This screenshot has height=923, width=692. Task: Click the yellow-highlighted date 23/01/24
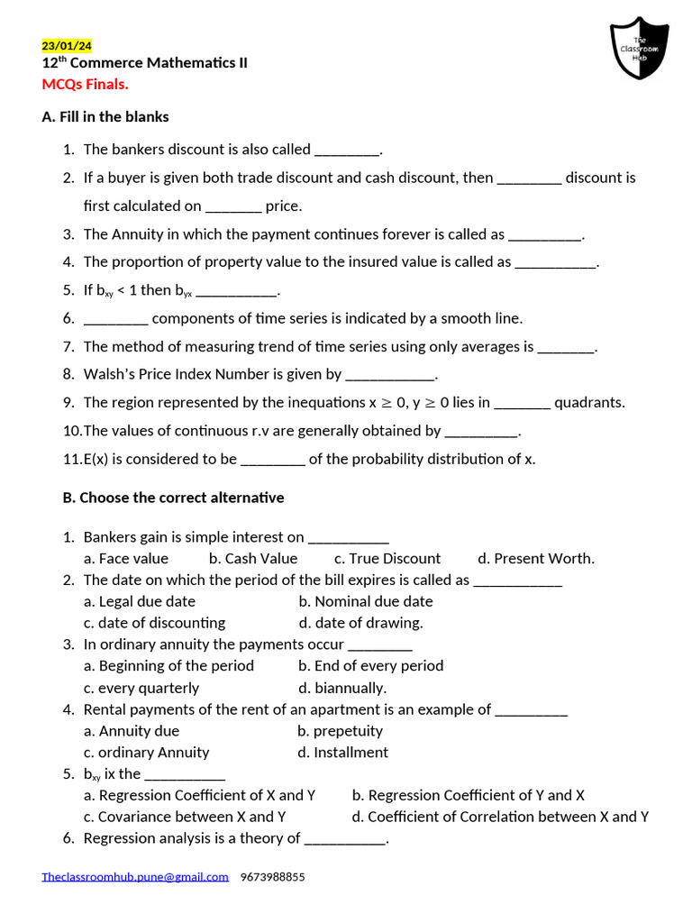(67, 46)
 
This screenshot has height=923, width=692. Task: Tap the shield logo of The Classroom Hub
(640, 49)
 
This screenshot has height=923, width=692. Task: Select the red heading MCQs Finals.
(86, 84)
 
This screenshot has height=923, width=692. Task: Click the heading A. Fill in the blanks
(105, 116)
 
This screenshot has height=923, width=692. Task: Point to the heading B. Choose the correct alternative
(163, 498)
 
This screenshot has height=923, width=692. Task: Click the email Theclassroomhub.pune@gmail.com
(135, 876)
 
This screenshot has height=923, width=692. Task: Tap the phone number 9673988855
(273, 876)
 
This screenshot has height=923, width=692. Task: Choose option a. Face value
(126, 558)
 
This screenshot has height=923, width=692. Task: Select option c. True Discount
(387, 558)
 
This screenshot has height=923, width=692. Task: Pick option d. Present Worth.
(536, 558)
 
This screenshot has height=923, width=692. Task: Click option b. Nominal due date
(366, 601)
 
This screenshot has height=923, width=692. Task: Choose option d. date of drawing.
(360, 623)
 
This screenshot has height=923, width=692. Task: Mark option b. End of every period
(370, 666)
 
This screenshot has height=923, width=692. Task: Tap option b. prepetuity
(341, 731)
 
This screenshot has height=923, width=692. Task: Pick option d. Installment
(343, 753)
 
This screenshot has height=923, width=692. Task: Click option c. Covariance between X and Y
(185, 817)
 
